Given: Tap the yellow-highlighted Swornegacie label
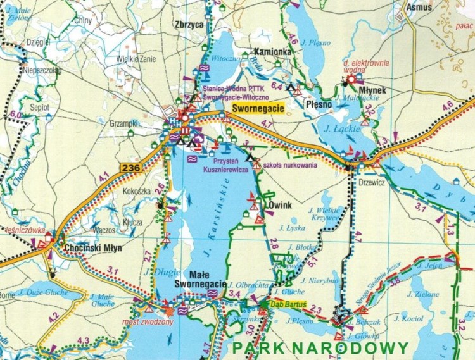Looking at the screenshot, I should [256, 108].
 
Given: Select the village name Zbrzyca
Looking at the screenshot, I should [188, 26].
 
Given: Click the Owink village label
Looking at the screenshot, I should [279, 206].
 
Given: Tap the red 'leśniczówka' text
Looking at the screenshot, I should [20, 230].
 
